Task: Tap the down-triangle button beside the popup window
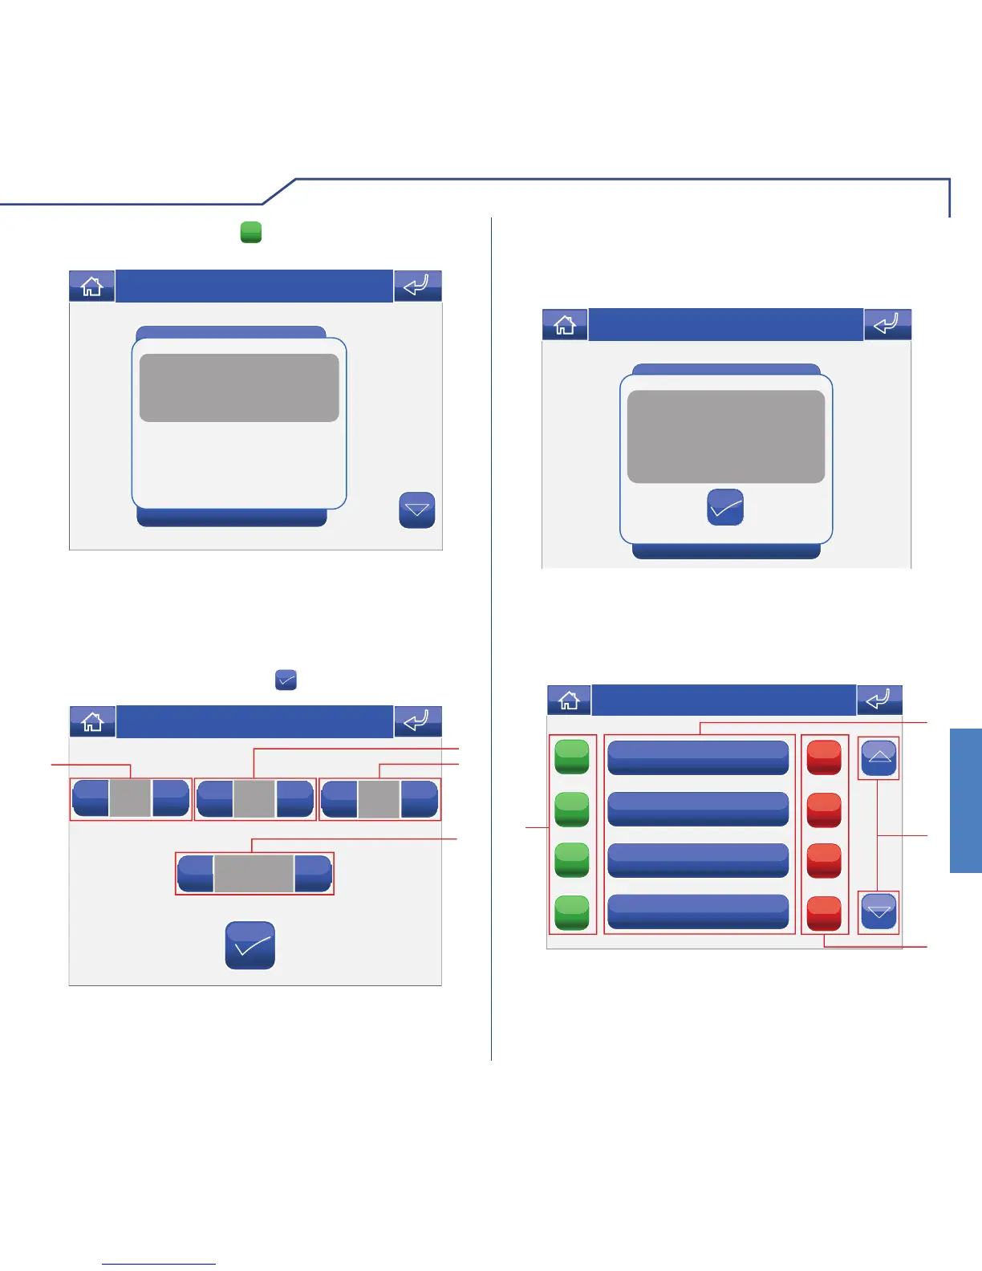coord(417,510)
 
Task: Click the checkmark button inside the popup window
coord(725,508)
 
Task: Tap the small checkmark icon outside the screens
coord(286,680)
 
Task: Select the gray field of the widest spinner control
coord(254,873)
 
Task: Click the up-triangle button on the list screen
coord(879,757)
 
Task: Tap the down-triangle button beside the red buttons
coord(879,912)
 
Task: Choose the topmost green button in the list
coord(572,757)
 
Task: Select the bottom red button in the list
coord(824,912)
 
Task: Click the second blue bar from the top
coord(698,809)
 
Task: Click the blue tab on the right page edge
coord(966,800)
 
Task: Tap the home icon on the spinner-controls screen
coord(92,721)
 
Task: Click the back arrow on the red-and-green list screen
coord(879,700)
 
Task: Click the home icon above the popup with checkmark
coord(565,325)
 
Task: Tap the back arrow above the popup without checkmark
coord(417,286)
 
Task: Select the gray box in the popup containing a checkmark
coord(725,437)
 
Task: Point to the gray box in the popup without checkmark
coord(239,388)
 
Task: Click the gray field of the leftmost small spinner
coord(130,798)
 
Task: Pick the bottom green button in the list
coord(572,912)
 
